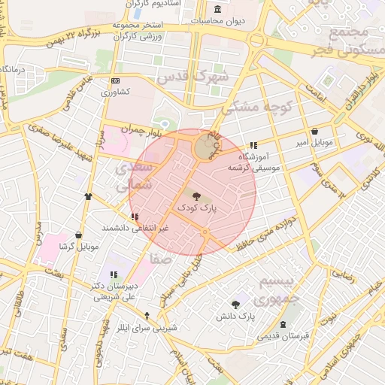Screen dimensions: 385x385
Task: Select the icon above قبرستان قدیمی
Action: point(283,325)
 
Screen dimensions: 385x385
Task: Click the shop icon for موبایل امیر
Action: point(314,131)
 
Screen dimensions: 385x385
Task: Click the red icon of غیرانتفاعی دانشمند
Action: point(135,217)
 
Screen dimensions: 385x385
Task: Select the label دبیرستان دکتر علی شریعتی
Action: point(113,291)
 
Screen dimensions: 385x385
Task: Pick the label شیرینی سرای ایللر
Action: point(147,328)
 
